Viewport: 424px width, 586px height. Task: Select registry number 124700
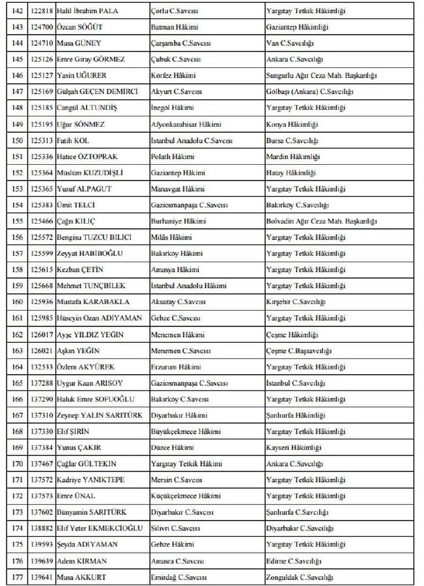click(41, 27)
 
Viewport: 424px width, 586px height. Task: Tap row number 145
click(18, 59)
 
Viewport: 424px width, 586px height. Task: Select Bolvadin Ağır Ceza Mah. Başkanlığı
click(317, 221)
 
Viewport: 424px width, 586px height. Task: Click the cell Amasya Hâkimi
click(175, 269)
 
